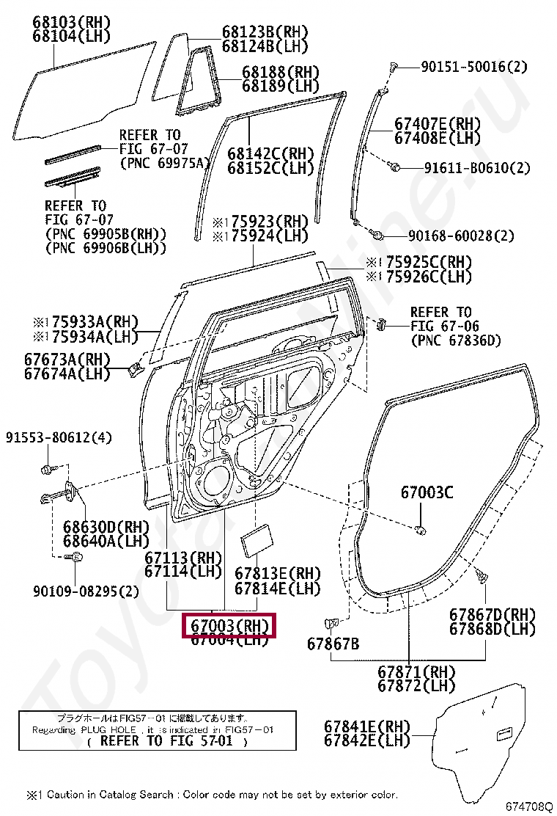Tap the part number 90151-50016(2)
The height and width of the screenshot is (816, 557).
click(x=473, y=67)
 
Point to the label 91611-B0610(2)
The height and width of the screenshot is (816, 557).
click(x=476, y=168)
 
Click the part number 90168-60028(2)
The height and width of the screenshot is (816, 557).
click(x=461, y=236)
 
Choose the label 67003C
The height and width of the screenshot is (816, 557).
click(x=427, y=492)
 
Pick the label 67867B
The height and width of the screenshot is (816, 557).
click(x=333, y=644)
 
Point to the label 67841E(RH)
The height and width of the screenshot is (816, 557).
click(x=367, y=726)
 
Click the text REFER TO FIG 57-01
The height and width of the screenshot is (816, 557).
click(x=165, y=740)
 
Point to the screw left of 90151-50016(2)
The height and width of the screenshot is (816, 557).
click(x=394, y=68)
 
